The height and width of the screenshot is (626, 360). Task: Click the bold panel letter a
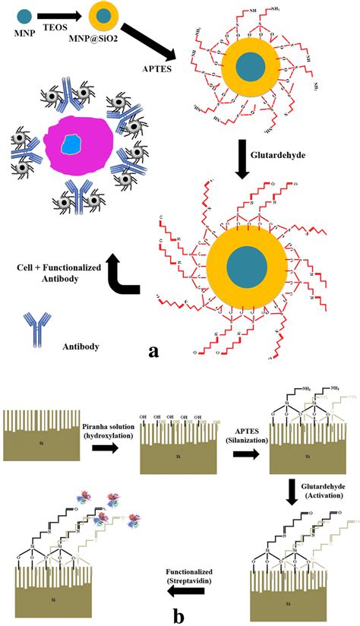coord(154,351)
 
